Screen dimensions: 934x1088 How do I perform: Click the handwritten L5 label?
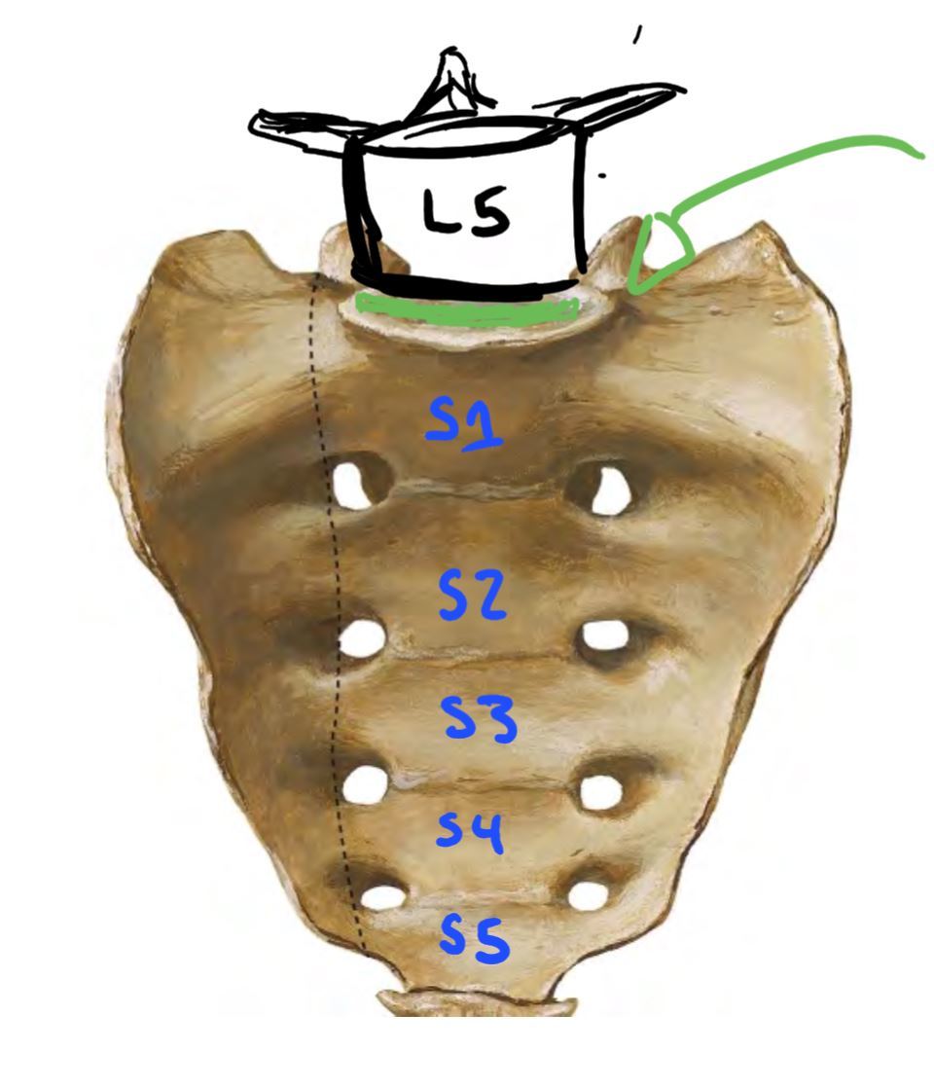[x=466, y=212]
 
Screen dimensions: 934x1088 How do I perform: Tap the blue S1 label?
[x=464, y=425]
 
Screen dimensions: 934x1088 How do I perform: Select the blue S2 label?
[x=472, y=596]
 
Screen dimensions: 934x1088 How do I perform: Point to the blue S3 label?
[x=479, y=720]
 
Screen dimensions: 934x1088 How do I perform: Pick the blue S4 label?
[x=470, y=832]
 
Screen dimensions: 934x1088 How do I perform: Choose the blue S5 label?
[x=474, y=940]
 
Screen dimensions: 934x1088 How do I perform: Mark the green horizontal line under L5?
[x=465, y=309]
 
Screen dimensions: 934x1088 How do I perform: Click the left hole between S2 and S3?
[x=364, y=639]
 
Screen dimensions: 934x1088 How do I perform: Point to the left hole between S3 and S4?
[x=367, y=784]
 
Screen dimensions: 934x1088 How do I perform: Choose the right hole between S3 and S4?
[x=602, y=791]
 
